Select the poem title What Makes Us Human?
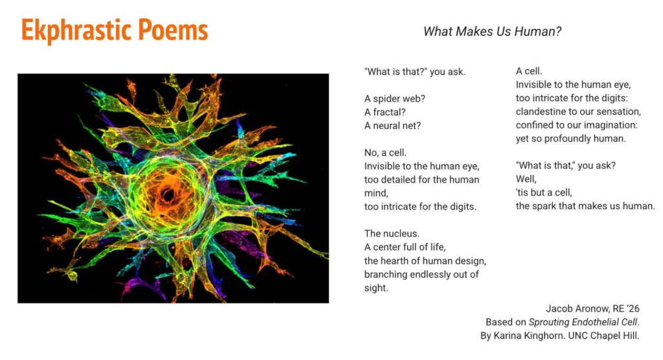[x=492, y=31]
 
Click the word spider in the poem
[x=387, y=99]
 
